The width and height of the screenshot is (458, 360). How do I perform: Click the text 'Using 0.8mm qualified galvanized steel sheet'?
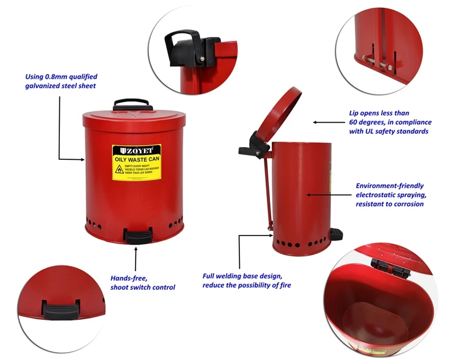[x=60, y=81]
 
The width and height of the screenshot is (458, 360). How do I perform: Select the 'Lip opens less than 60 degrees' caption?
[x=388, y=122]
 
